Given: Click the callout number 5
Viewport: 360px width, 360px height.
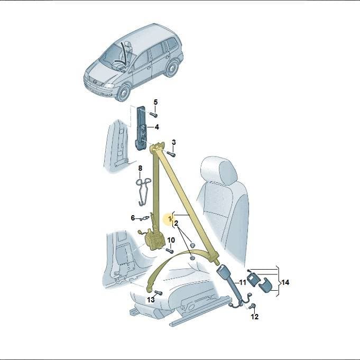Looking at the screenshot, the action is tap(155, 102).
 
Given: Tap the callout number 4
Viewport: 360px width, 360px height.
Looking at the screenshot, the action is tap(157, 127).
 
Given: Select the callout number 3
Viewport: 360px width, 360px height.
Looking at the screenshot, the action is tap(173, 142).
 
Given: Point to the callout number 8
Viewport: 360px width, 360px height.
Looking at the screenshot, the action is tap(140, 168).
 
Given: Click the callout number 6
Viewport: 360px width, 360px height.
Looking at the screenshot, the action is tap(133, 218).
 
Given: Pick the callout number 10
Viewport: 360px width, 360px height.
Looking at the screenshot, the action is tap(171, 240).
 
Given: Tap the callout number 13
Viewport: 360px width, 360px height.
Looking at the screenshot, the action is tap(151, 300).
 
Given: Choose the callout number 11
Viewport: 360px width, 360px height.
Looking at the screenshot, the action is tap(243, 282).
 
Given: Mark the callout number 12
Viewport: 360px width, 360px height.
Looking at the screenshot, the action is tap(255, 317).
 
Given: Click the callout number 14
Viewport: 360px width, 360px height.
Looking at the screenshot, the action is tap(285, 282).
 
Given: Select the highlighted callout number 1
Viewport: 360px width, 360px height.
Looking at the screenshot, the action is tap(170, 218).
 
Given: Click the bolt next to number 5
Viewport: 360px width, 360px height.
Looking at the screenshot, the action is tap(153, 114).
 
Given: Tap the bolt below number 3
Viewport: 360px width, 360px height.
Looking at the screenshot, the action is tap(171, 154).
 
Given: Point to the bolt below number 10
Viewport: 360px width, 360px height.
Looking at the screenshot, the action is tap(170, 251).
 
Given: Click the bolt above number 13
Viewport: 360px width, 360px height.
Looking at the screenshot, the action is tap(159, 292).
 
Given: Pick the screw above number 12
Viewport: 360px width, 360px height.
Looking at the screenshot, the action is tap(253, 306).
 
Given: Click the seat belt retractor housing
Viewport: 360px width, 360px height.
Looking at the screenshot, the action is tap(154, 241).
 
